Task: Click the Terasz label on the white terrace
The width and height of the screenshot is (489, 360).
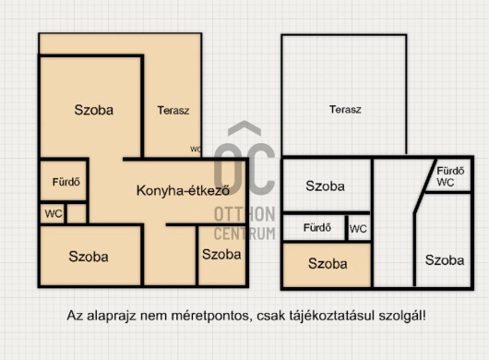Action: [345, 110]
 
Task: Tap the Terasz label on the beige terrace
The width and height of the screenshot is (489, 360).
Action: [173, 110]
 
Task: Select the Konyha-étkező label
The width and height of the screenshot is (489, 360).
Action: [182, 191]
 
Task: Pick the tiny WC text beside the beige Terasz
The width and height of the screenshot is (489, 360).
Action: [196, 149]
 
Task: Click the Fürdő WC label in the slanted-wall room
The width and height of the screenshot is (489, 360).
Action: [448, 176]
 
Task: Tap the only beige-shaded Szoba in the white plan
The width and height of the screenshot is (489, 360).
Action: [328, 264]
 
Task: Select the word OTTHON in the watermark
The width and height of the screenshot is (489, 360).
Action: [244, 215]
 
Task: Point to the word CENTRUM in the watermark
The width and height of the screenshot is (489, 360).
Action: [244, 233]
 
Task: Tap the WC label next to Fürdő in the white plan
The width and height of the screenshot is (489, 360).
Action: [358, 228]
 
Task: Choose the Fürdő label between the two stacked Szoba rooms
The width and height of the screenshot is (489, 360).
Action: [316, 228]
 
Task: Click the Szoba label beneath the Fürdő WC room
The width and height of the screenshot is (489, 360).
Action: [445, 260]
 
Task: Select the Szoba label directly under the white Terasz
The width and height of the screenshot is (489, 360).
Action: [327, 186]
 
